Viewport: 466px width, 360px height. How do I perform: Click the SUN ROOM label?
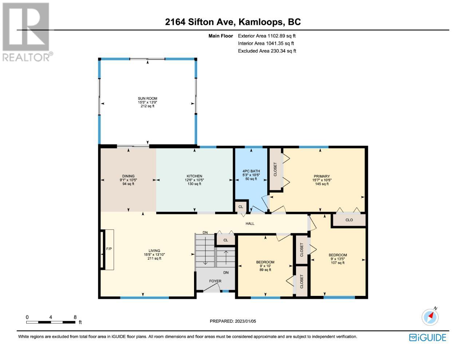point(147,98)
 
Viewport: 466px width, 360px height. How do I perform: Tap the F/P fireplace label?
point(109,249)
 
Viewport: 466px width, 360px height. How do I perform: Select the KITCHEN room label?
point(194,176)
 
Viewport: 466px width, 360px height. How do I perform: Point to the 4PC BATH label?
point(251,171)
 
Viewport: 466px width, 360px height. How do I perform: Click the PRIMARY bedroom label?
point(321,176)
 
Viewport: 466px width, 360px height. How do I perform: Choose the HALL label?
point(250,223)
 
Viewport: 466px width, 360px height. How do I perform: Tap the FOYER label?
point(215,281)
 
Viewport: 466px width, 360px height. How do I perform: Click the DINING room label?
point(128,176)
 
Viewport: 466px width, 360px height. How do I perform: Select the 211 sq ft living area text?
point(154,258)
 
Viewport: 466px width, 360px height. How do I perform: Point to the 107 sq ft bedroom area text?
point(337,263)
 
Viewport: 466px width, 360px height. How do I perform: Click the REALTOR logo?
point(26,32)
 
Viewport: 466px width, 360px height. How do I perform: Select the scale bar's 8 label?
point(75,317)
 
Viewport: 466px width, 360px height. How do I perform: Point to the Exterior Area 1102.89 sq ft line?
point(267,36)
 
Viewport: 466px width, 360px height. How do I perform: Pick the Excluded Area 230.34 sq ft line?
point(267,51)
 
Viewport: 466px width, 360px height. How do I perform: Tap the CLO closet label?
point(349,220)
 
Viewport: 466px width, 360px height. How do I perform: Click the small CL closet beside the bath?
point(241,207)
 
